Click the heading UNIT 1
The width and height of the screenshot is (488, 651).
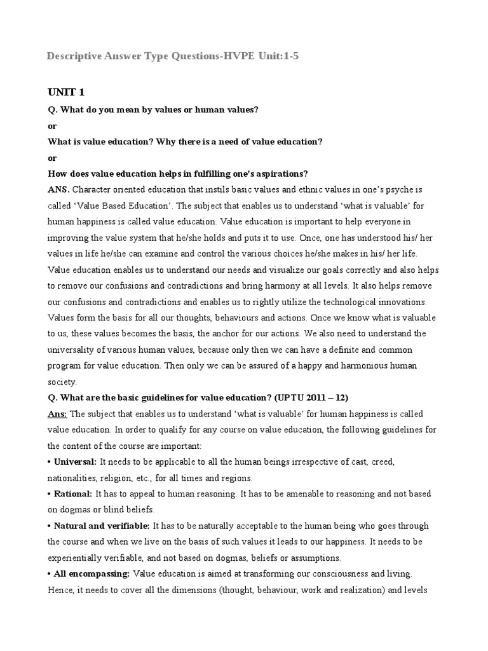click(66, 93)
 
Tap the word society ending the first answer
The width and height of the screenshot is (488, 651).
click(61, 382)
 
